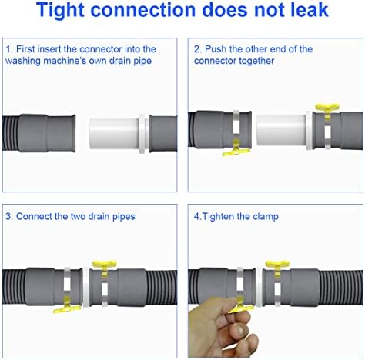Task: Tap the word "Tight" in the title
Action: tap(61, 11)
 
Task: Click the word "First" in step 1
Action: tap(26, 49)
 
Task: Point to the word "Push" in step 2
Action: tap(216, 49)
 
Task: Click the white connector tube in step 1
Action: tap(114, 133)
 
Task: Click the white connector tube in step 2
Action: tap(281, 130)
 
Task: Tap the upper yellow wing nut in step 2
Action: tap(327, 110)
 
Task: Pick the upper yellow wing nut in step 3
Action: tap(104, 267)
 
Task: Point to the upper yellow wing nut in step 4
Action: tap(277, 267)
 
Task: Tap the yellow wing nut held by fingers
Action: tap(241, 305)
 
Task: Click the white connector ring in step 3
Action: tap(85, 287)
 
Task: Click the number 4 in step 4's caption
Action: tap(196, 217)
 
